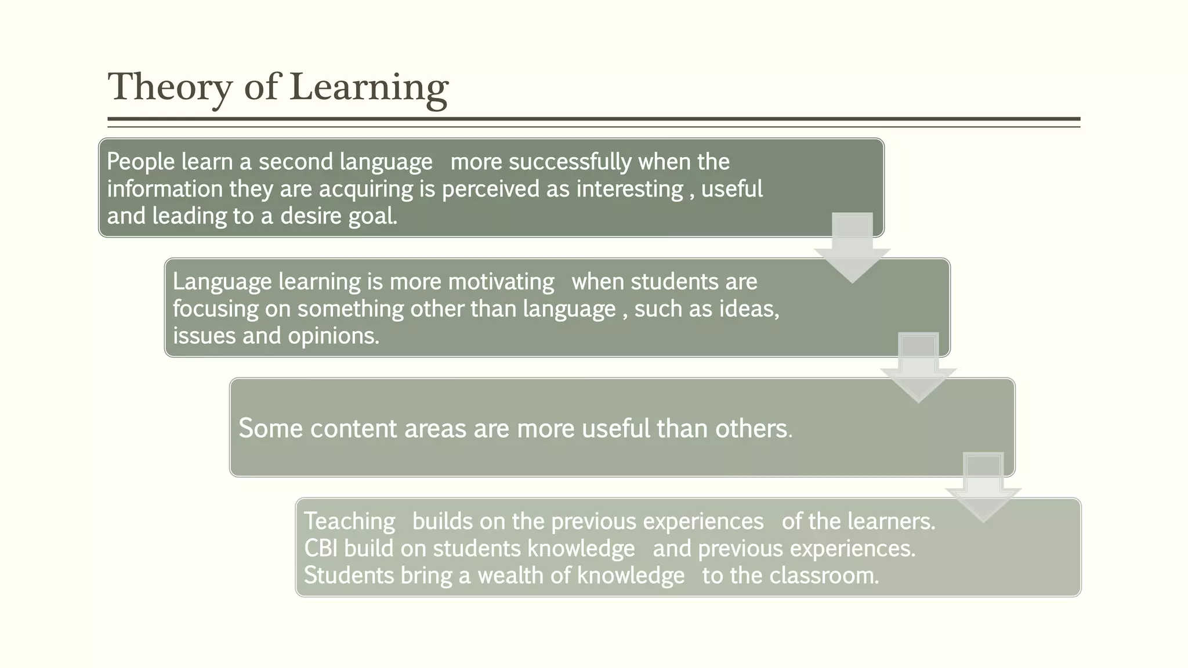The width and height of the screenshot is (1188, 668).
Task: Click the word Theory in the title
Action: pos(170,88)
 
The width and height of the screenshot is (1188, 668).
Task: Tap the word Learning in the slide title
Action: pos(368,88)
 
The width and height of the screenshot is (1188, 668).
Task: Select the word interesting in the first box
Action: pos(629,189)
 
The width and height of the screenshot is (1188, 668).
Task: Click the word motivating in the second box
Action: pos(501,282)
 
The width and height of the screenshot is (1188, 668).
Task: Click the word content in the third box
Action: pos(353,429)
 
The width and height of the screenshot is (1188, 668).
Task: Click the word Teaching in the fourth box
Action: pos(349,521)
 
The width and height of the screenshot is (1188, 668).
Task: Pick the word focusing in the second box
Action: pos(215,308)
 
